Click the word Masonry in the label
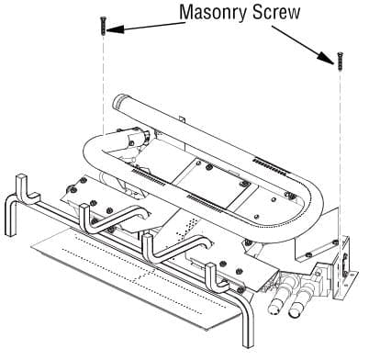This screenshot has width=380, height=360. pos(212,13)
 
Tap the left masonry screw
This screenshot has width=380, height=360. pos(103,26)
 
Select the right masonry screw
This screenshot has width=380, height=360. pos(340,61)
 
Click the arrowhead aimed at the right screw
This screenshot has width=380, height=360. pos(325,57)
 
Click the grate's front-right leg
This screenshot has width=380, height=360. pos(248,321)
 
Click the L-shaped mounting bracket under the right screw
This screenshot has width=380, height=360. pos(344,268)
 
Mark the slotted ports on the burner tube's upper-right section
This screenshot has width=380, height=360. pos(271,166)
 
